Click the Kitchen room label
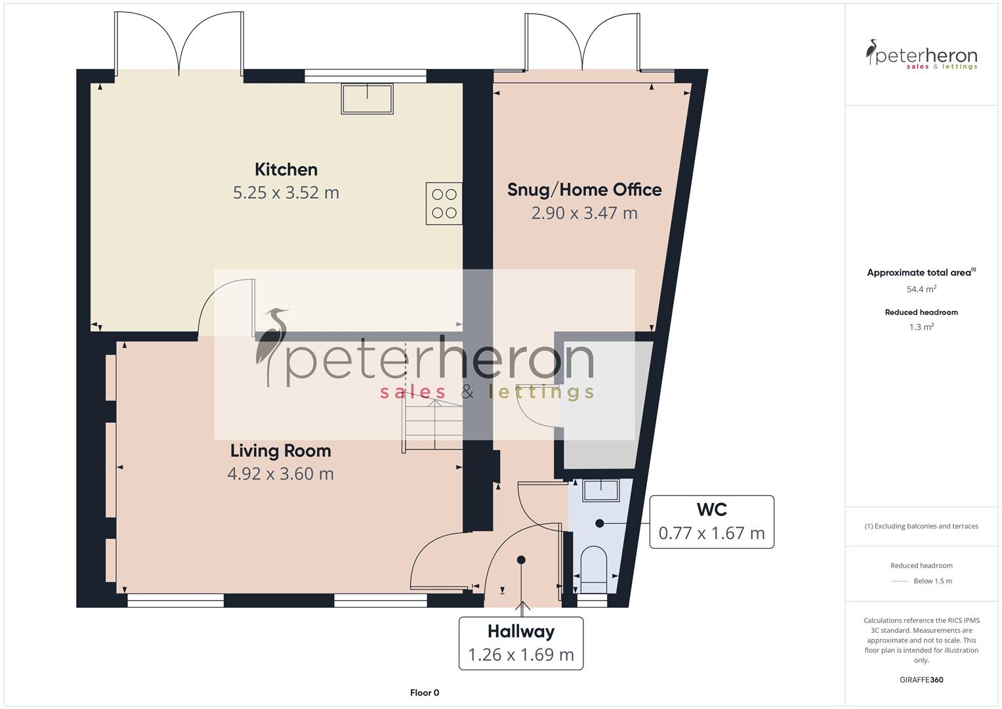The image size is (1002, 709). tap(285, 169)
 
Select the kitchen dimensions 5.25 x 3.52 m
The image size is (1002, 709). tap(285, 193)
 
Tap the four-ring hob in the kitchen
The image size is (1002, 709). tap(444, 204)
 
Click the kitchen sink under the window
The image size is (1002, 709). tap(367, 98)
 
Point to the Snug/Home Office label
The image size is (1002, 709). tap(584, 190)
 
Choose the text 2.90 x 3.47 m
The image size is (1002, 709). tap(584, 213)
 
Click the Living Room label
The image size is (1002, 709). tap(280, 451)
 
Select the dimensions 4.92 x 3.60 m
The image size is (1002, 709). tap(280, 474)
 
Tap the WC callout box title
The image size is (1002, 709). tap(711, 509)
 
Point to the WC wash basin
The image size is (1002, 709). tap(600, 490)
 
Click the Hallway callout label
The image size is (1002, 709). tap(521, 632)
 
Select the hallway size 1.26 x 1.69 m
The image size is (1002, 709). tap(521, 655)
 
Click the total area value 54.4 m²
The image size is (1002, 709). tap(921, 289)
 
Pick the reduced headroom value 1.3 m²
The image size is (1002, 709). tap(921, 327)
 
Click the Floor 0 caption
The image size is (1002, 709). tap(424, 693)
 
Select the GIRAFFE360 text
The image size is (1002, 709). tap(921, 680)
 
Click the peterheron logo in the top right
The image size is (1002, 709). tap(921, 56)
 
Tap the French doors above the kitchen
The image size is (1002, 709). tap(179, 43)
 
